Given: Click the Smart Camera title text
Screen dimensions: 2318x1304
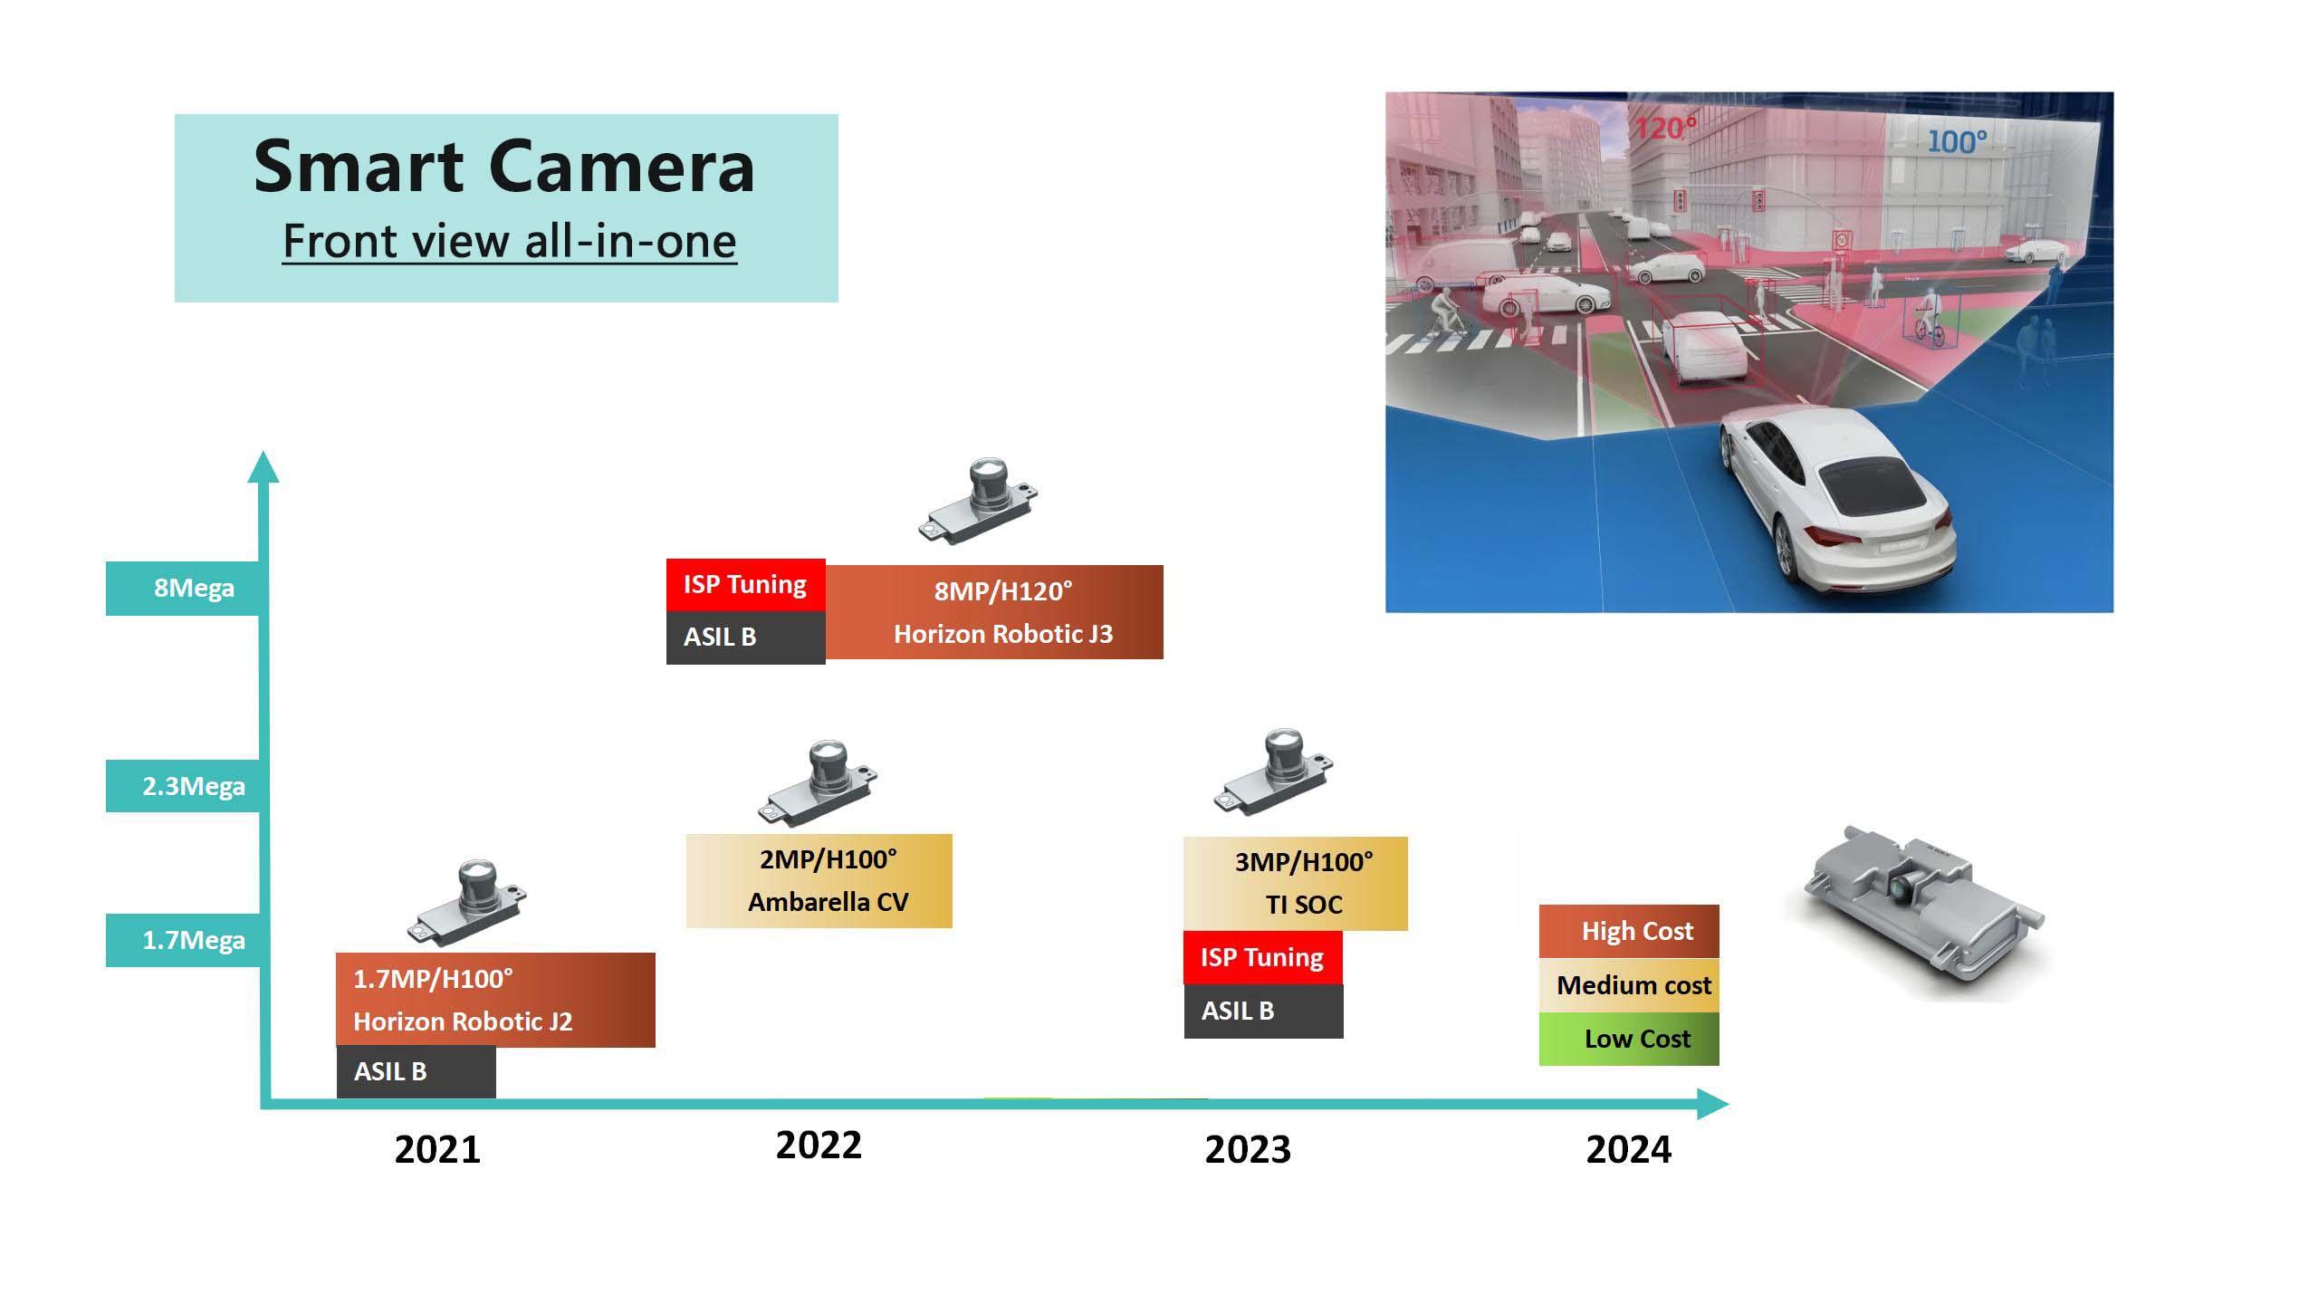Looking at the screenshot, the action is pos(504,168).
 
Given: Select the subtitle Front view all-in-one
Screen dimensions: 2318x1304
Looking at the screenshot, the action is pos(510,241).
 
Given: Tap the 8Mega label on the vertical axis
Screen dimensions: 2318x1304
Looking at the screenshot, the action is pos(194,588).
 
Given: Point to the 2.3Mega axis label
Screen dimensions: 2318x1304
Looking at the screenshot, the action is pos(194,785).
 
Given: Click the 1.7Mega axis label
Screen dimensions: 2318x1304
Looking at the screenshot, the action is pos(194,940).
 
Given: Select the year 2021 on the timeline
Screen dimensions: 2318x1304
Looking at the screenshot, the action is pos(437,1149).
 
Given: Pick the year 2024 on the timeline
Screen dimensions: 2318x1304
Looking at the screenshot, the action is pos(1629,1149).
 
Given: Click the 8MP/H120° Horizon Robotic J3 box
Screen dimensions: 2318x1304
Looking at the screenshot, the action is pos(994,612).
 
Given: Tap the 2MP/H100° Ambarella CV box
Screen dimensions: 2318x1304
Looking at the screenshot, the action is pos(819,880).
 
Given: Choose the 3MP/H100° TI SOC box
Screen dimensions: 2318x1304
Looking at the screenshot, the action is pos(1296,883).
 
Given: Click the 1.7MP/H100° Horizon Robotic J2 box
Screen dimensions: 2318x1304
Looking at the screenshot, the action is pos(495,1000).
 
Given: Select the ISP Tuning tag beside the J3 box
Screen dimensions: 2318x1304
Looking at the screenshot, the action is pos(746,585).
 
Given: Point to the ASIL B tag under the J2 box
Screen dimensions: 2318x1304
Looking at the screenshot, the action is pos(417,1071).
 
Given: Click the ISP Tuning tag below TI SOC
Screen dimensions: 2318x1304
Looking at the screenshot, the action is pos(1263,957).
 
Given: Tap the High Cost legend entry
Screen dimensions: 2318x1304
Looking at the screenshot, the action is pos(1629,931).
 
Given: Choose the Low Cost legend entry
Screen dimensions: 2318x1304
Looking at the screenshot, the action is pos(1629,1039).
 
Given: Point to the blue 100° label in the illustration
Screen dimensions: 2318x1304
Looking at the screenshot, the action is pos(1957,141).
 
